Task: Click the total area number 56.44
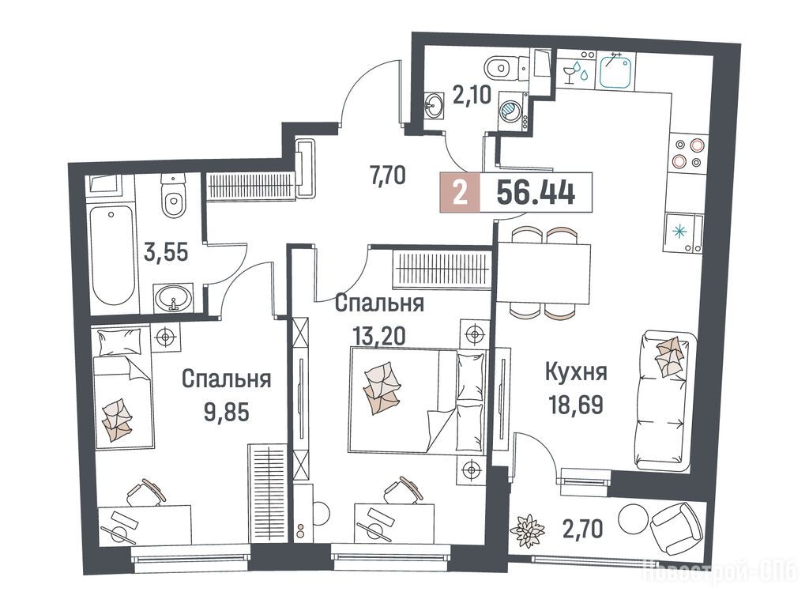pyautogui.click(x=536, y=193)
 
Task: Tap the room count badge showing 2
pyautogui.click(x=460, y=193)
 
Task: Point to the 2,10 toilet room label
pyautogui.click(x=472, y=96)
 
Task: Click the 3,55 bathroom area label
pyautogui.click(x=166, y=254)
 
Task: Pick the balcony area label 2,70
pyautogui.click(x=583, y=530)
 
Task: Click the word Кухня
pyautogui.click(x=576, y=372)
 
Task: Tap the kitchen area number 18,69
pyautogui.click(x=577, y=404)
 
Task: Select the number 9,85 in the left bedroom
pyautogui.click(x=227, y=412)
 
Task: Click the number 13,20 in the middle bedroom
pyautogui.click(x=379, y=336)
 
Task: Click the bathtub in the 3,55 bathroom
pyautogui.click(x=112, y=255)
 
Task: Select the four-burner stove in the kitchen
pyautogui.click(x=687, y=154)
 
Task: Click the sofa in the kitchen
pyautogui.click(x=665, y=401)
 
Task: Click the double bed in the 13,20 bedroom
pyautogui.click(x=417, y=401)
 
